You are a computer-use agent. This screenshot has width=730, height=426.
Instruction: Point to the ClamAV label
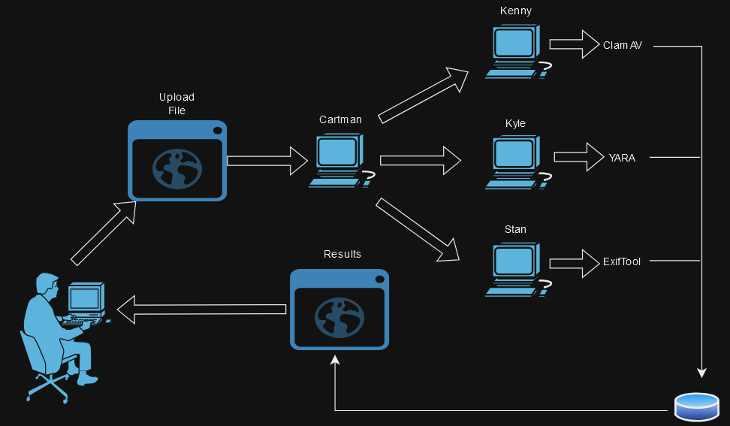[x=623, y=46]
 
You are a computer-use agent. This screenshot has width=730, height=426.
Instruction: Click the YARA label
[x=622, y=158]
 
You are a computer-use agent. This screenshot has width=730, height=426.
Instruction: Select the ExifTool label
[x=622, y=262]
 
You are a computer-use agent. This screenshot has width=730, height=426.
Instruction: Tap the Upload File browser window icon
[x=177, y=160]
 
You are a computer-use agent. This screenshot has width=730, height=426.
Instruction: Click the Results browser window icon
[x=339, y=309]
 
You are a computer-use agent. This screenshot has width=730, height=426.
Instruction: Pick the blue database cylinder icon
[x=696, y=406]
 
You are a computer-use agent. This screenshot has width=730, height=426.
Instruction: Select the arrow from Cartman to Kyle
[x=421, y=160]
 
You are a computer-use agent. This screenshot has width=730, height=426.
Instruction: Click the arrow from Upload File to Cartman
[x=267, y=160]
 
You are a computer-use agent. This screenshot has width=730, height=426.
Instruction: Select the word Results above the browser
[x=342, y=254]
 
